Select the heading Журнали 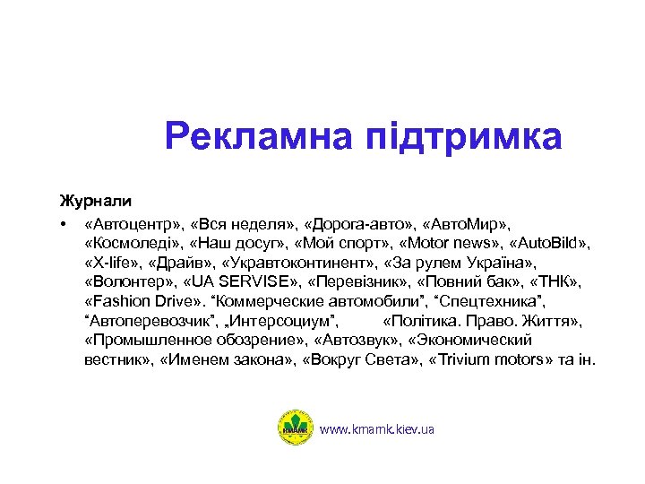point(95,199)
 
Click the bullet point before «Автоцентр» point(64,222)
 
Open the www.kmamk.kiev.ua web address point(377,429)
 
